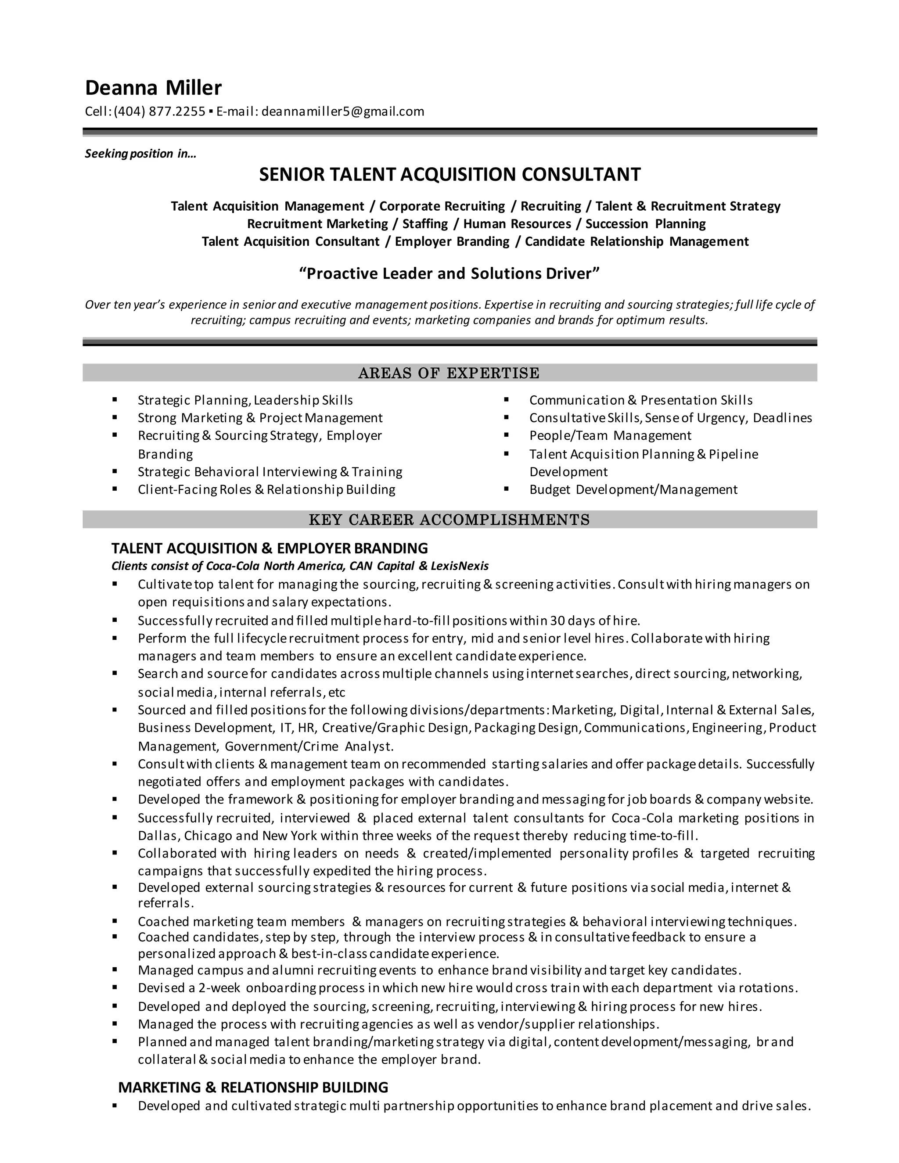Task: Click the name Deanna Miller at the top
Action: [x=153, y=87]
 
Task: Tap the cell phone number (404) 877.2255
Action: [x=159, y=111]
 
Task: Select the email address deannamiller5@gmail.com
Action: [x=342, y=111]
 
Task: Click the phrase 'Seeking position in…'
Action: [x=140, y=154]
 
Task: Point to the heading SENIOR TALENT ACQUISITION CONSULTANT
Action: [x=449, y=174]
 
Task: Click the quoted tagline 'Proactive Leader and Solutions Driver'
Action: [x=449, y=274]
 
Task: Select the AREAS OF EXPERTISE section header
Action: [x=449, y=373]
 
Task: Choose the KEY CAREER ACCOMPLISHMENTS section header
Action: [x=449, y=519]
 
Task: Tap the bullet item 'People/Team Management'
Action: [x=610, y=436]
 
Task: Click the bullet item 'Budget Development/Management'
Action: [x=633, y=489]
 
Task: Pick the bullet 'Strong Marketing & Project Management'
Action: [x=260, y=418]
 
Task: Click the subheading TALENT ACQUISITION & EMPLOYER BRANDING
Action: [x=270, y=548]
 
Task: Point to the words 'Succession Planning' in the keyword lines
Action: [x=645, y=224]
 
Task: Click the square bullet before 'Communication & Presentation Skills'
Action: [x=506, y=399]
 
